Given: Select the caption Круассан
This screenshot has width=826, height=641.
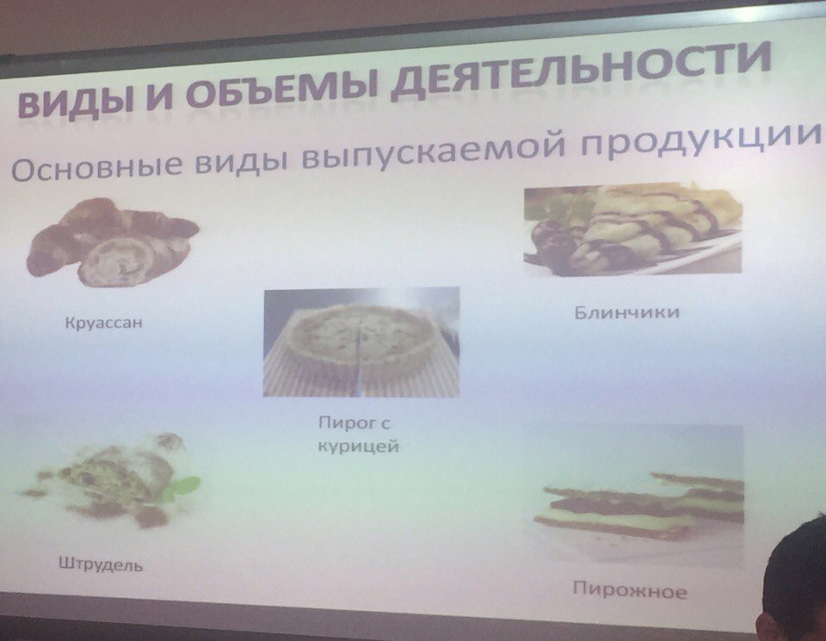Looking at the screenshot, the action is [x=104, y=322].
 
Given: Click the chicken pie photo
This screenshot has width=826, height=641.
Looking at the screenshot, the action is [x=361, y=342].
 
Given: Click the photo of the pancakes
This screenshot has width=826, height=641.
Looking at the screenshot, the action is [x=632, y=229].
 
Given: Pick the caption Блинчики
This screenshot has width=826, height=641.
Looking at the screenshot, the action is [x=627, y=312].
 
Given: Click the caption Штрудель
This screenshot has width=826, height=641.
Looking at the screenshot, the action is [x=100, y=564].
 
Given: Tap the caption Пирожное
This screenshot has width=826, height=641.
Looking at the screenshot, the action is [x=630, y=590].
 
